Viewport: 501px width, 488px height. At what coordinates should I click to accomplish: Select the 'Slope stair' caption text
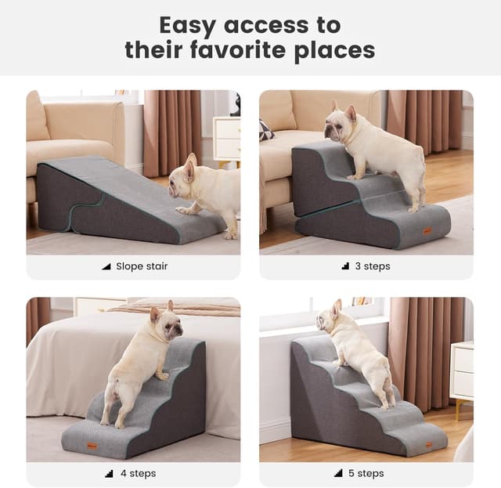click(142, 266)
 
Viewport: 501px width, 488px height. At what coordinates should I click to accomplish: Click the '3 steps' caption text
click(373, 266)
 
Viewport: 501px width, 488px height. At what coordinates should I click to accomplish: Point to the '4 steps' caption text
click(138, 473)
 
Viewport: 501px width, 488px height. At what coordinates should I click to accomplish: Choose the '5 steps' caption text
click(366, 473)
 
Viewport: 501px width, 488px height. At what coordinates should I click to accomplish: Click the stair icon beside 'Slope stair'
click(106, 266)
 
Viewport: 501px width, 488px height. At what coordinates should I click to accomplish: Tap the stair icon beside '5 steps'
click(338, 473)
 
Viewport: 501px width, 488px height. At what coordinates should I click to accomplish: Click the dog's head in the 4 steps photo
click(168, 322)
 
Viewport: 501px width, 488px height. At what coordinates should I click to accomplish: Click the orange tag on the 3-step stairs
click(427, 230)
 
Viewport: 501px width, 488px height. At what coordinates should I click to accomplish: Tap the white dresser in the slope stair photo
click(227, 137)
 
